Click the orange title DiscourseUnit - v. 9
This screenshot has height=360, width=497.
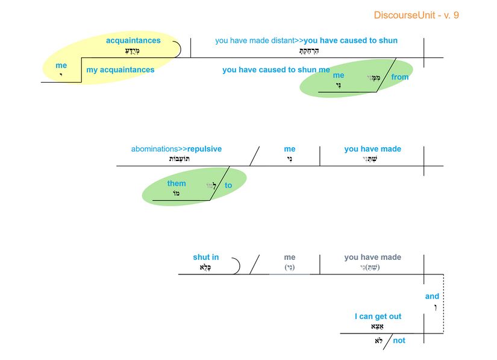coord(416,15)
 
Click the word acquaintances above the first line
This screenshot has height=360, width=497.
coord(133,40)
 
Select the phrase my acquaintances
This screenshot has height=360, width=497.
coord(120,70)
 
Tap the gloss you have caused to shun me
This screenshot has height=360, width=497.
coord(276,70)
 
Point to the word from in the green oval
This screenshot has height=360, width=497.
coord(399,77)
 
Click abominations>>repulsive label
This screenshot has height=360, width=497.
coord(177,149)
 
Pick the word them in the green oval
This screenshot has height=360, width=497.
coord(177,183)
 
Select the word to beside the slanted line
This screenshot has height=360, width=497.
coord(228,186)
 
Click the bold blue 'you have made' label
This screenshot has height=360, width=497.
coord(372,149)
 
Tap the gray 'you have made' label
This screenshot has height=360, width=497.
coord(372,257)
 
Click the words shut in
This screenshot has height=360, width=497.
coord(206,257)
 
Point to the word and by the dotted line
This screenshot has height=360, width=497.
coord(432,296)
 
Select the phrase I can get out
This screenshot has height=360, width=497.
coord(378,317)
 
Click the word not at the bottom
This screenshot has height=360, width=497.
coord(399,341)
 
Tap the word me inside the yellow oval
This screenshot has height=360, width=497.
coord(61,65)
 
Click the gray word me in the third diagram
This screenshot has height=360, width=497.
coord(290,257)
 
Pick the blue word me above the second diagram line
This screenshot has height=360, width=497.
coord(290,149)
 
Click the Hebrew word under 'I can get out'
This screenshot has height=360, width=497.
coord(377,326)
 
